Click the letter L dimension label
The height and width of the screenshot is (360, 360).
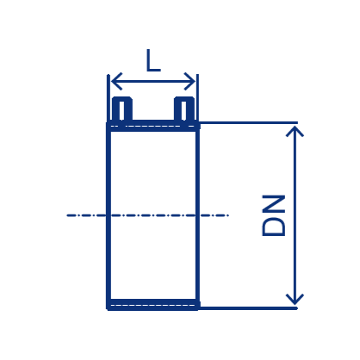pyautogui.click(x=153, y=60)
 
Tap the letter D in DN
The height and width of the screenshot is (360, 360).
pyautogui.click(x=274, y=227)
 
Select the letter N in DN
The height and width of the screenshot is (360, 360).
pyautogui.click(x=274, y=204)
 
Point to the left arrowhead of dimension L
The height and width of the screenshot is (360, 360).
pyautogui.click(x=116, y=81)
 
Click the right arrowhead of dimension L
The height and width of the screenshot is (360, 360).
pyautogui.click(x=190, y=81)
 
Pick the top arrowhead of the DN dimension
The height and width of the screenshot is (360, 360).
pyautogui.click(x=295, y=132)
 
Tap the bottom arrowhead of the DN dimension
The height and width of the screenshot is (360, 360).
pyautogui.click(x=295, y=300)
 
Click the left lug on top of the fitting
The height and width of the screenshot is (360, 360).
pyautogui.click(x=122, y=109)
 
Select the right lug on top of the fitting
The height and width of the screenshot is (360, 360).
pyautogui.click(x=184, y=109)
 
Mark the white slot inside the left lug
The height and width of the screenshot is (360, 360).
pyautogui.click(x=121, y=111)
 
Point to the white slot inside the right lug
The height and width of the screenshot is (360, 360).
pyautogui.click(x=184, y=111)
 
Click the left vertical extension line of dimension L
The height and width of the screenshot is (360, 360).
pyautogui.click(x=109, y=98)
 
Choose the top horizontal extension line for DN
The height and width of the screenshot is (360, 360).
pyautogui.click(x=249, y=123)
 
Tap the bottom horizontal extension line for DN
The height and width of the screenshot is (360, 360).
pyautogui.click(x=249, y=308)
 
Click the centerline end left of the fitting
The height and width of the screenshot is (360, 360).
pyautogui.click(x=67, y=215)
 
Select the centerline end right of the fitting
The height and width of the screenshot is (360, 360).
pyautogui.click(x=228, y=215)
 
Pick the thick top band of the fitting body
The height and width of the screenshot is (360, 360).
pyautogui.click(x=153, y=127)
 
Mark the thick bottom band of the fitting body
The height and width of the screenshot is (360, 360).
pyautogui.click(x=153, y=304)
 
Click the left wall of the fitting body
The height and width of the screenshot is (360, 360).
pyautogui.click(x=109, y=215)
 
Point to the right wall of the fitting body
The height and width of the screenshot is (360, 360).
pyautogui.click(x=197, y=215)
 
